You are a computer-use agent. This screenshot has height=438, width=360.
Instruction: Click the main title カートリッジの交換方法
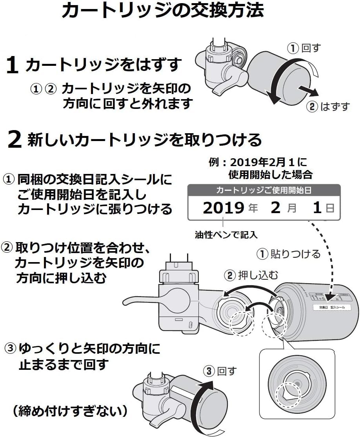tap(162, 11)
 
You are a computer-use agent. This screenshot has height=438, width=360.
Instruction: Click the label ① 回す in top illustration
tap(304, 49)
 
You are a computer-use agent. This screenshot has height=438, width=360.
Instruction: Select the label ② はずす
tap(328, 107)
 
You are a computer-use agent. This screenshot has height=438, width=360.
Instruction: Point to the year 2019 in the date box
tap(223, 208)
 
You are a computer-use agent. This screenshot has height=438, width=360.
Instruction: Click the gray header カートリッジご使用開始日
tap(264, 191)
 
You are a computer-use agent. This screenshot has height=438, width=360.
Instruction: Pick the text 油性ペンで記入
tap(226, 235)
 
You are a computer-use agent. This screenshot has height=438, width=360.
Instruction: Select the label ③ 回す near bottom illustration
tap(220, 371)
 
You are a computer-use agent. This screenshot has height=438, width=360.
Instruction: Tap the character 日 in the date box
tap(330, 208)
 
